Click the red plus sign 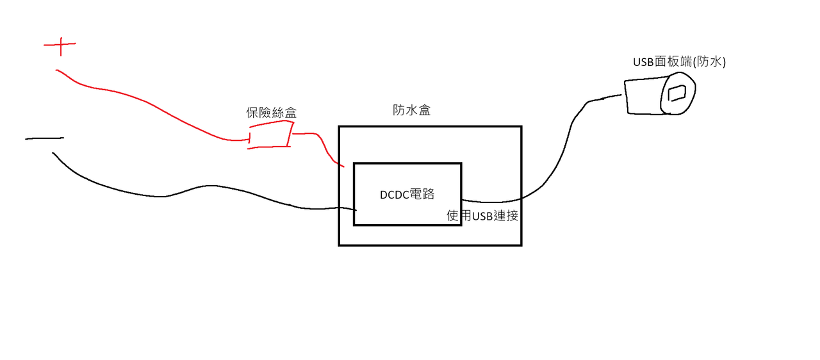click(x=60, y=46)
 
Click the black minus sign click(x=45, y=138)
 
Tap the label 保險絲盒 click(x=272, y=113)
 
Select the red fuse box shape click(x=270, y=136)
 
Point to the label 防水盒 click(x=411, y=110)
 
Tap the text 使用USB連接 click(x=482, y=216)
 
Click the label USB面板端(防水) click(x=679, y=62)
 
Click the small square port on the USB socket click(x=677, y=94)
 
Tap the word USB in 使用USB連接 click(x=482, y=216)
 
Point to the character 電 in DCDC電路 click(x=423, y=195)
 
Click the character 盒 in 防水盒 click(x=424, y=110)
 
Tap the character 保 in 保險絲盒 click(x=252, y=113)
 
